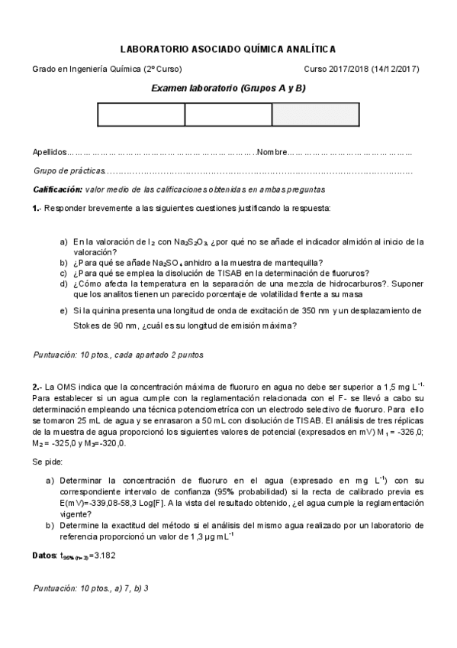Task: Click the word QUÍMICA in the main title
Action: click(244, 48)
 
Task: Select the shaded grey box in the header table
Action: click(315, 114)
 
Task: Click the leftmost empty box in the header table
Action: click(141, 114)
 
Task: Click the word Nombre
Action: click(272, 152)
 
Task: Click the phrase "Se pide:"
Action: click(48, 462)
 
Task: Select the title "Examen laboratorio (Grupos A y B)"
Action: click(228, 89)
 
